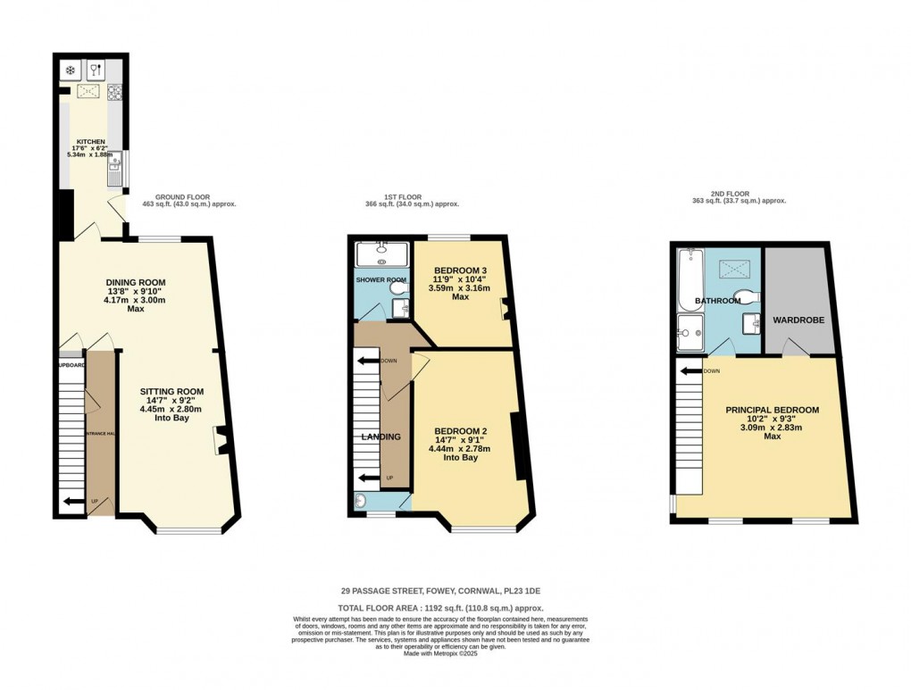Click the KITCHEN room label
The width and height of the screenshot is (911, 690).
pyautogui.click(x=91, y=142)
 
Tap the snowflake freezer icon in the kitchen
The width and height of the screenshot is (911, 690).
pyautogui.click(x=70, y=70)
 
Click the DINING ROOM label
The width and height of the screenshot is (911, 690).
pyautogui.click(x=136, y=283)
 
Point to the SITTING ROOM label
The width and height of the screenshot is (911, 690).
pyautogui.click(x=171, y=391)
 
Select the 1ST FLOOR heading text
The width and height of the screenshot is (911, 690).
pyautogui.click(x=393, y=196)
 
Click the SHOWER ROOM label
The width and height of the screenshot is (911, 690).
pyautogui.click(x=382, y=279)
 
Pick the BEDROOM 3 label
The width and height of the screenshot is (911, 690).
pyautogui.click(x=461, y=270)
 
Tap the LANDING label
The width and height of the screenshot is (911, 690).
pyautogui.click(x=380, y=436)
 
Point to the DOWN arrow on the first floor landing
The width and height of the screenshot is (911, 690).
pyautogui.click(x=366, y=361)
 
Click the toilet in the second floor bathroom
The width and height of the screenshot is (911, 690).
pyautogui.click(x=743, y=296)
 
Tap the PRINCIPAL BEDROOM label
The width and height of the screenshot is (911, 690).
pyautogui.click(x=772, y=410)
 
